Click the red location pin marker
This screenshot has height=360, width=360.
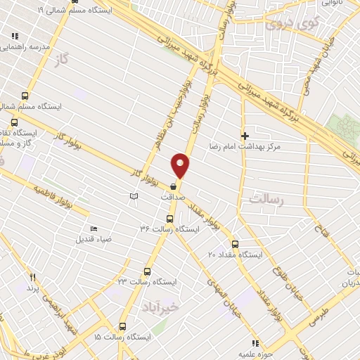[x=181, y=165]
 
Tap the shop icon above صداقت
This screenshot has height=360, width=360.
[x=173, y=186]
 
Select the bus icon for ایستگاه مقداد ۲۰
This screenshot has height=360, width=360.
[x=235, y=245]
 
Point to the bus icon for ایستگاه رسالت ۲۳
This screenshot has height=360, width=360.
[x=147, y=271]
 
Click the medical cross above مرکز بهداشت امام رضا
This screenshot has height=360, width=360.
[x=245, y=135]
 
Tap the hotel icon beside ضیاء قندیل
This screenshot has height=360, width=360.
[x=94, y=228]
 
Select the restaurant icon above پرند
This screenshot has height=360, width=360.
[x=32, y=278]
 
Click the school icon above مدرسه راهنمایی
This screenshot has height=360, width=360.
[x=15, y=35]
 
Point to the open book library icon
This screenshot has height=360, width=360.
[x=134, y=197]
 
